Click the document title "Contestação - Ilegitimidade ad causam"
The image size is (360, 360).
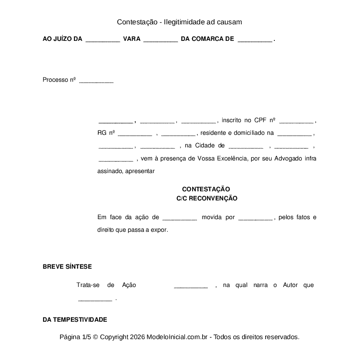click(179, 22)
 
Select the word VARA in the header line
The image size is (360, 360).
click(132, 39)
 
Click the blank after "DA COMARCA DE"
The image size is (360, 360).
click(255, 40)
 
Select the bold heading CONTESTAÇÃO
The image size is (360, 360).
click(206, 189)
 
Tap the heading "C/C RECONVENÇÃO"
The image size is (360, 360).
click(207, 198)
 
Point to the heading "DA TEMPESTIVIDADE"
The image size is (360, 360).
click(75, 320)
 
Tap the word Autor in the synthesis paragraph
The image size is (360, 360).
click(290, 285)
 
